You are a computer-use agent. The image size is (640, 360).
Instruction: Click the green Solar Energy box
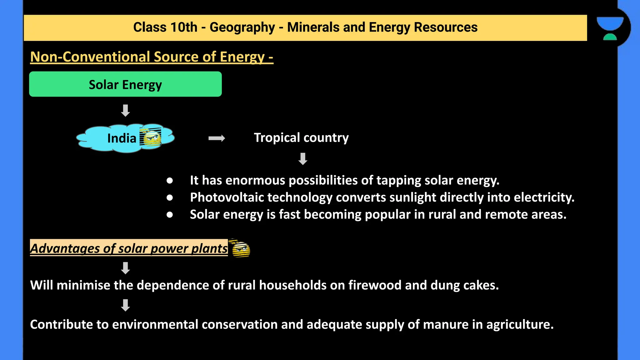point(125,84)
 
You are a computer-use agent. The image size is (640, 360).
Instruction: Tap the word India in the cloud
point(122,138)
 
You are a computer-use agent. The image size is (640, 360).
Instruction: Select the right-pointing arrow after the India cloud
point(217,138)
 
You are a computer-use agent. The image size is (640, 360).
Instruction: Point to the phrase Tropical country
point(301,138)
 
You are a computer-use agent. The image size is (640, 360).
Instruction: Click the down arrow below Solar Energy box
point(125,111)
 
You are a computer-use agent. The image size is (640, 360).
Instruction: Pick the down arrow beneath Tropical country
point(302,159)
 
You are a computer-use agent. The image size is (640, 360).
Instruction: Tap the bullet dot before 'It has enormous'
point(170,181)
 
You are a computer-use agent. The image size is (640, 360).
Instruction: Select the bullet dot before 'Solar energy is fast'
point(170,215)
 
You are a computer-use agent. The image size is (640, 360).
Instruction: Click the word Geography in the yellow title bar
point(242,27)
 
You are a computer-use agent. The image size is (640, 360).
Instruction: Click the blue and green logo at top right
point(610,28)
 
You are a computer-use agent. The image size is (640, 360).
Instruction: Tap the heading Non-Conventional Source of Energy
point(152,57)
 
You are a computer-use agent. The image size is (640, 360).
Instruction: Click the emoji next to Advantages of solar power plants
point(240,249)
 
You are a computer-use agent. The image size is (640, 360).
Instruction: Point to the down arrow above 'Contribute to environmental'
point(125,305)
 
